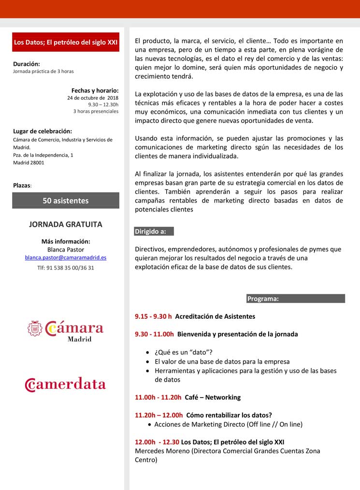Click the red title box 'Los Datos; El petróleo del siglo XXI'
pyautogui.click(x=66, y=42)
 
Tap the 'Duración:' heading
pyautogui.click(x=27, y=63)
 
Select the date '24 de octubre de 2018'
pyautogui.click(x=93, y=97)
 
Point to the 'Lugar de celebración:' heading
pyautogui.click(x=43, y=131)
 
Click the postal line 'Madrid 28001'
pyautogui.click(x=29, y=163)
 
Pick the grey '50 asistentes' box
pyautogui.click(x=66, y=200)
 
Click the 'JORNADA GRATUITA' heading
pyautogui.click(x=66, y=225)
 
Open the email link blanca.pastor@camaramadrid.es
pyautogui.click(x=66, y=258)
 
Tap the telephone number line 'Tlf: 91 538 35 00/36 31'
pyautogui.click(x=66, y=267)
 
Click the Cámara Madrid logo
pyautogui.click(x=66, y=330)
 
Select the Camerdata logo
pyautogui.click(x=66, y=384)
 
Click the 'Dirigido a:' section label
pyautogui.click(x=151, y=232)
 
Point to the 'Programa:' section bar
pyautogui.click(x=295, y=299)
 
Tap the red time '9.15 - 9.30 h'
pyautogui.click(x=153, y=316)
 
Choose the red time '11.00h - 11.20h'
pyautogui.click(x=158, y=397)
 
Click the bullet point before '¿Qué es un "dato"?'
pyautogui.click(x=147, y=352)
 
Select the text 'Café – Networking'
pyautogui.click(x=213, y=397)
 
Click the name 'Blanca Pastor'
pyautogui.click(x=66, y=250)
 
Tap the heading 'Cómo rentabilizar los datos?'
pyautogui.click(x=229, y=415)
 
